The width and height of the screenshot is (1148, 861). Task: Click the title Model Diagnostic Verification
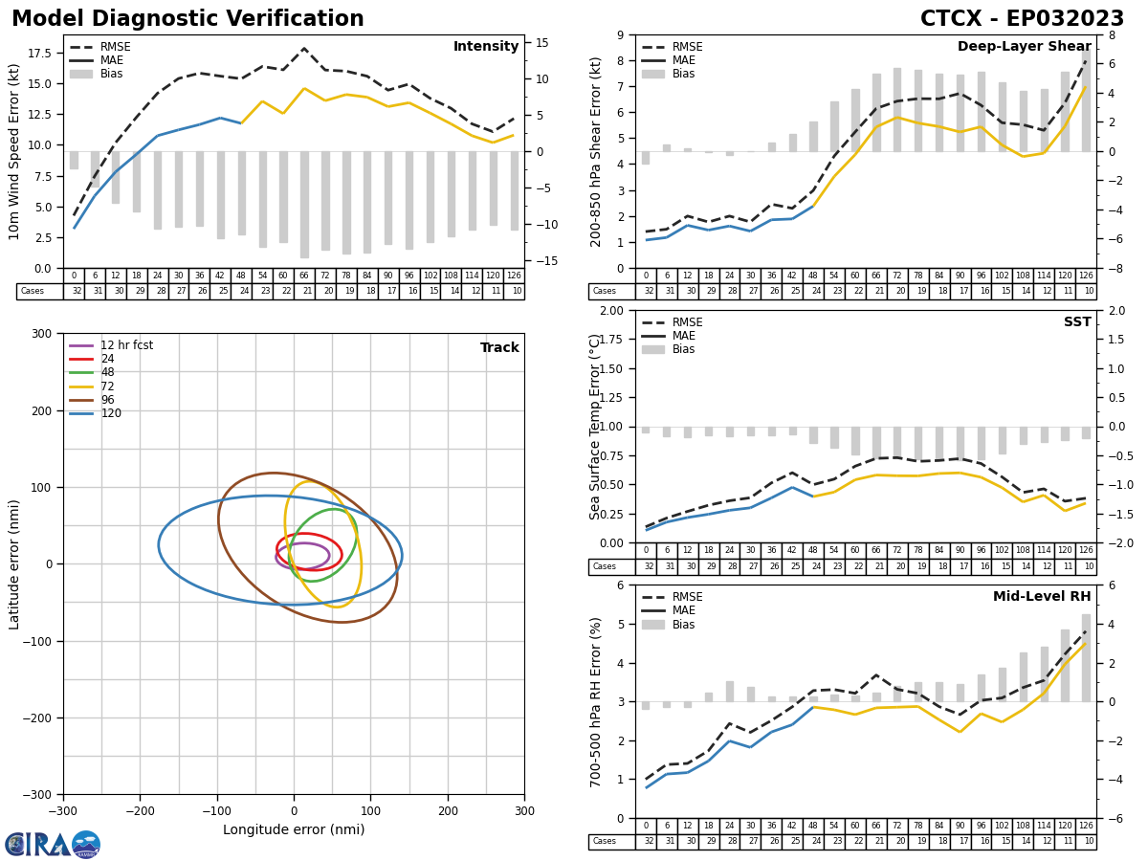(188, 19)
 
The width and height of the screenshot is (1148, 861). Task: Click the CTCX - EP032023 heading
(1022, 19)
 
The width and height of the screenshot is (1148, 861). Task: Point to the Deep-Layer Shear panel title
(1024, 47)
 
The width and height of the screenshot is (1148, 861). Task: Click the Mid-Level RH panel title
(1042, 597)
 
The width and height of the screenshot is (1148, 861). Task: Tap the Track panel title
(499, 348)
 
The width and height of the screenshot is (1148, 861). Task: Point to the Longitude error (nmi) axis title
(294, 830)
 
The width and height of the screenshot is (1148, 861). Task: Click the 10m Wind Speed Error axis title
(14, 151)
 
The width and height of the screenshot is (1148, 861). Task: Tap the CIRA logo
(53, 845)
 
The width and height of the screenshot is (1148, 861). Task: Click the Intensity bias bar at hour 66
(304, 204)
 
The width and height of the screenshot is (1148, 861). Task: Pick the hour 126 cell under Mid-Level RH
(1086, 826)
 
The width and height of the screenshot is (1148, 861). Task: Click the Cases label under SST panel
(605, 566)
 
